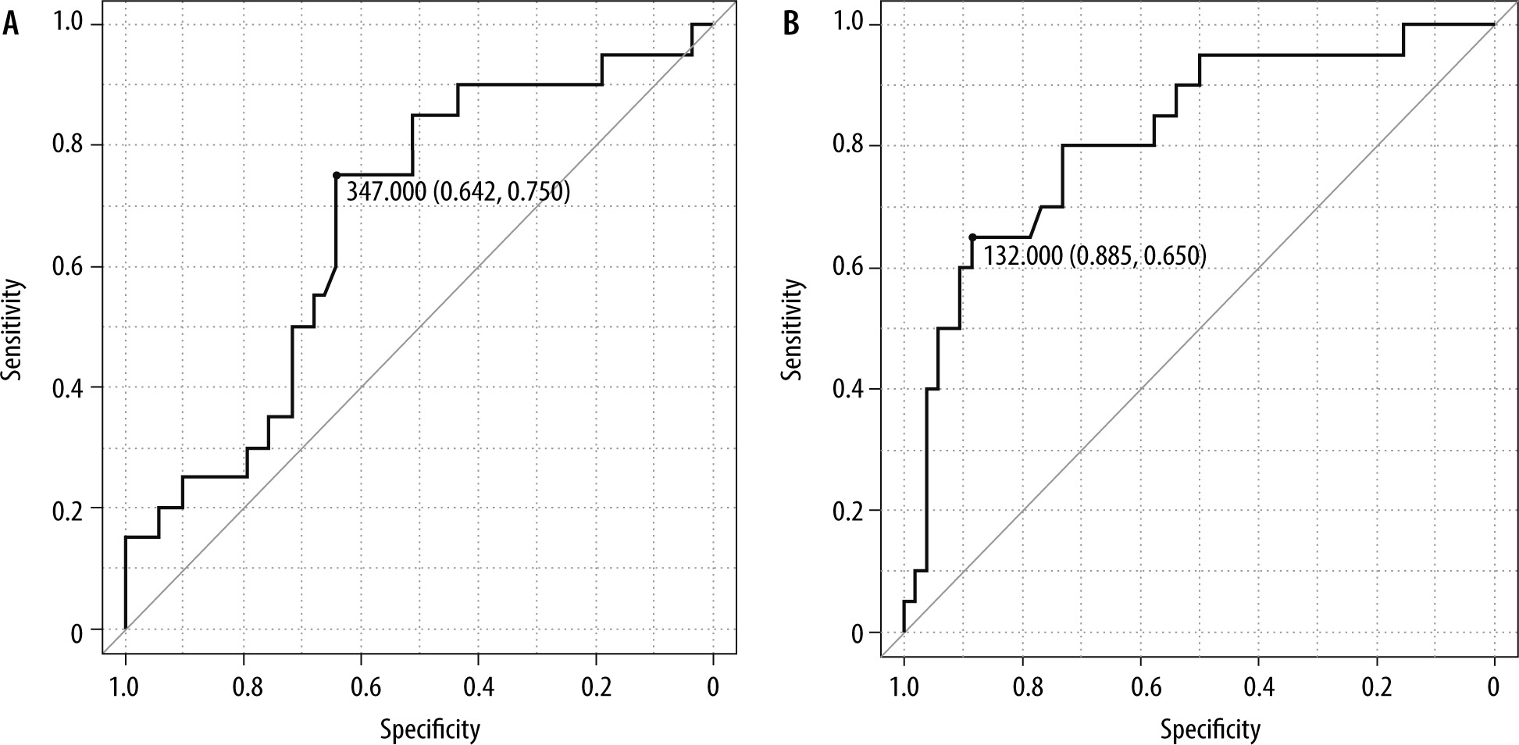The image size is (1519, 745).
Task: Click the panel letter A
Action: tap(11, 24)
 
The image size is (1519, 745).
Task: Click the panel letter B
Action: tap(791, 24)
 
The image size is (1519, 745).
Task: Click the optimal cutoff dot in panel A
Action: tap(336, 175)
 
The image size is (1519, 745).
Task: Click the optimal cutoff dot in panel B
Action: tap(972, 237)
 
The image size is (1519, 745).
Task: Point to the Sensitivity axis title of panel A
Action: tap(12, 329)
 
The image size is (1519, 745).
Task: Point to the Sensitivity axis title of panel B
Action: tap(793, 329)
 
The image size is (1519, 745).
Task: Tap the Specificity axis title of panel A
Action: tap(430, 729)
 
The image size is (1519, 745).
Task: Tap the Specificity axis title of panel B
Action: tap(1210, 729)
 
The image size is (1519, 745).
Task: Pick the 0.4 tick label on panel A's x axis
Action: tap(478, 688)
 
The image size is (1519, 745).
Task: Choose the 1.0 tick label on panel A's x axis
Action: tap(125, 688)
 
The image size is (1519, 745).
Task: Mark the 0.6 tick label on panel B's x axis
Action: tap(1141, 688)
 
